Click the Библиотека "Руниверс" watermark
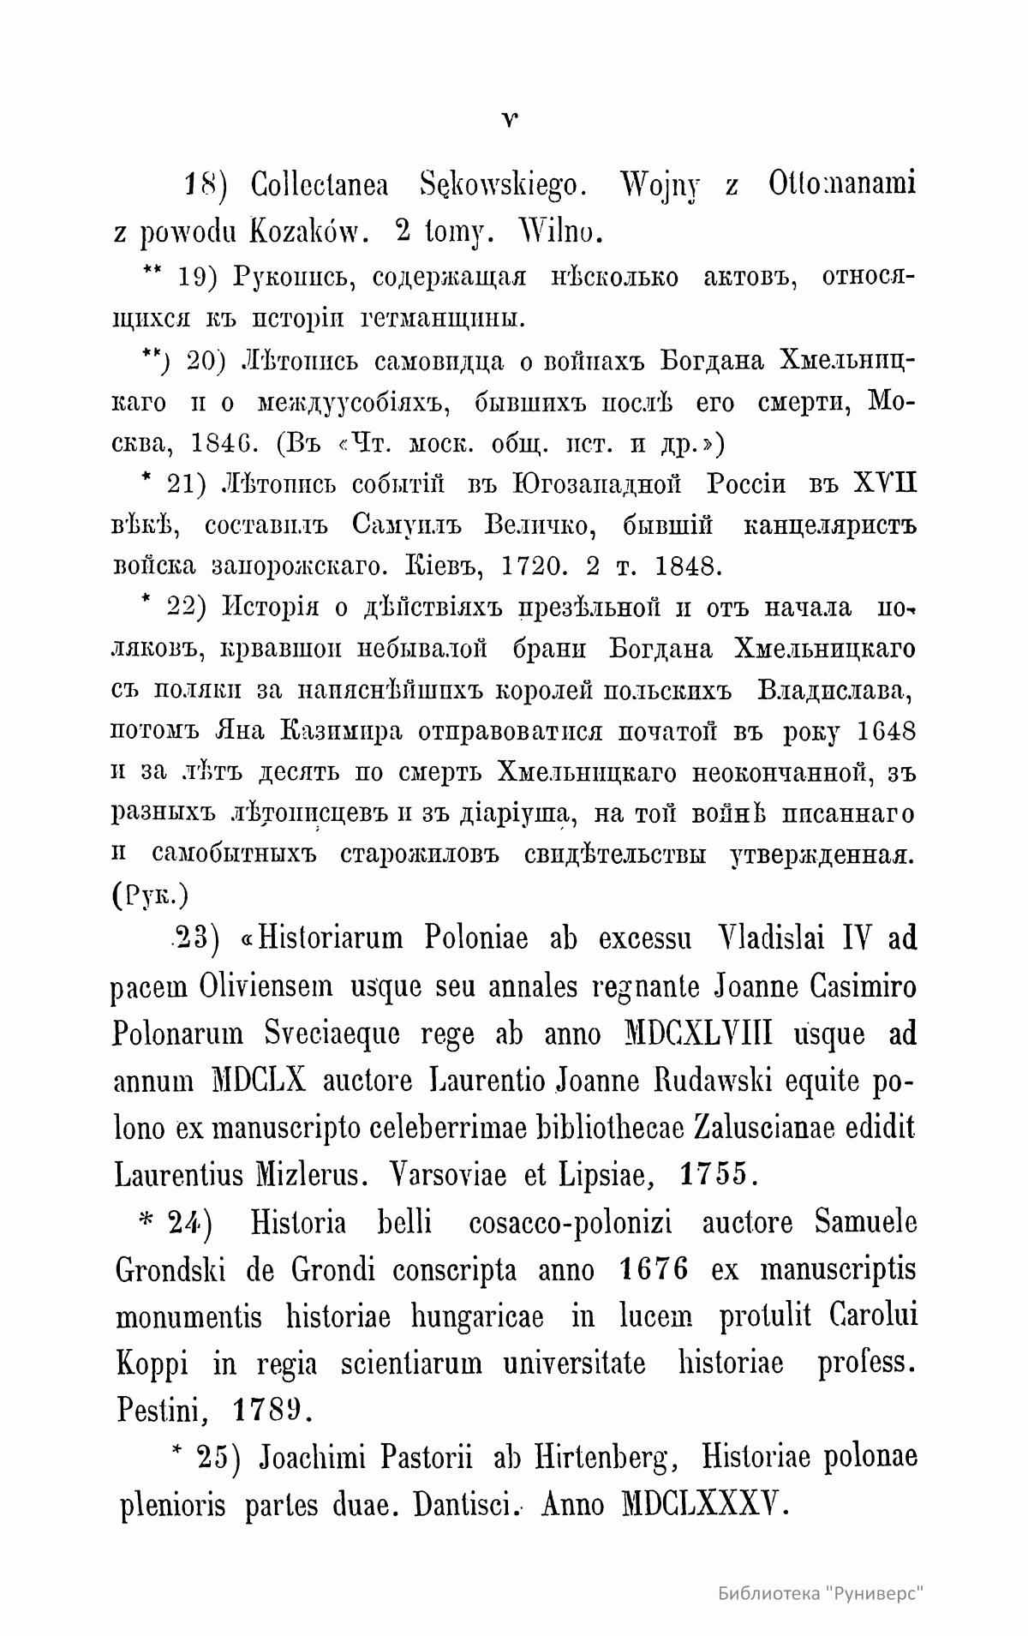coord(826,1594)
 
